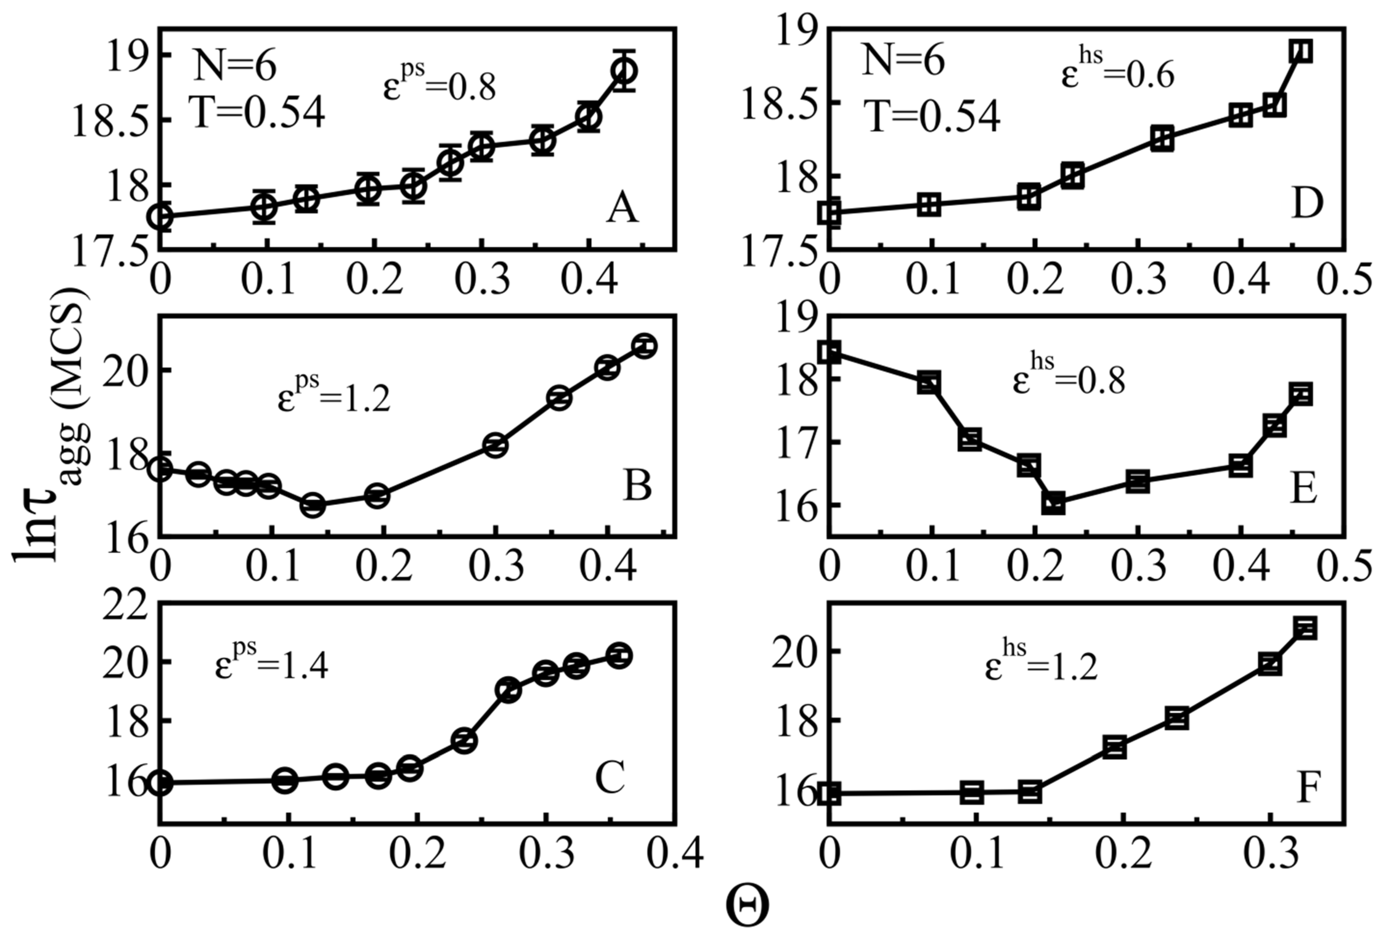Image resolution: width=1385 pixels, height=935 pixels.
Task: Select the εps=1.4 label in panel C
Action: [x=271, y=663]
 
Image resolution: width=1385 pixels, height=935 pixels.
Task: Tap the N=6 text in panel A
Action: [x=234, y=66]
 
